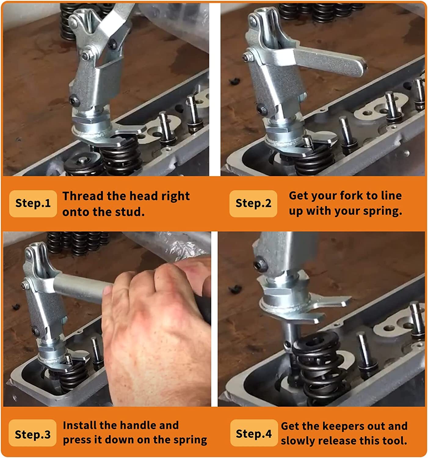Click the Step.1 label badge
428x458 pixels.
(x=33, y=204)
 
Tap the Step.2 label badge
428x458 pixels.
(x=253, y=204)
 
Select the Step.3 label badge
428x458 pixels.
(x=33, y=434)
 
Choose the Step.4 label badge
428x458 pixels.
(x=254, y=434)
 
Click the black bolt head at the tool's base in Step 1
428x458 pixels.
(x=74, y=101)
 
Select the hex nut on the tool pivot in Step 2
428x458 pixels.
(x=248, y=56)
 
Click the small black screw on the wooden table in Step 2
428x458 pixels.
(x=235, y=81)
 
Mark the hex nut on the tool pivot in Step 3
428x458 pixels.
(x=25, y=285)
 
